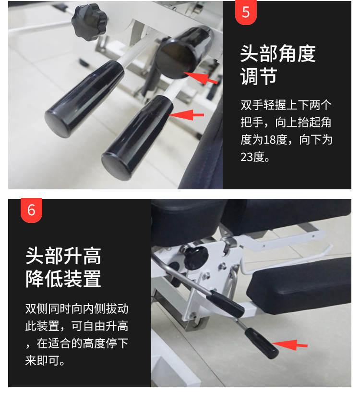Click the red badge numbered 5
pos(246,12)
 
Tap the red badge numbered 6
pos(31,210)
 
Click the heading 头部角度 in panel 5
pos(278,53)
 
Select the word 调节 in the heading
pos(259,76)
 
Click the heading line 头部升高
pos(63,256)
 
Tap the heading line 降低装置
pos(63,278)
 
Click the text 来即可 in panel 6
pos(42,360)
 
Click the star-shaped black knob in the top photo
pos(89,22)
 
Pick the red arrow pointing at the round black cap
pos(201,78)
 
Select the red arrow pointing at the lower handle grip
pos(186,115)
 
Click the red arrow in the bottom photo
pos(289,345)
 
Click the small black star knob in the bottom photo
pos(196,257)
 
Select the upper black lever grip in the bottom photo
pos(225,304)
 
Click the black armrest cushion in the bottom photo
pos(299,286)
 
